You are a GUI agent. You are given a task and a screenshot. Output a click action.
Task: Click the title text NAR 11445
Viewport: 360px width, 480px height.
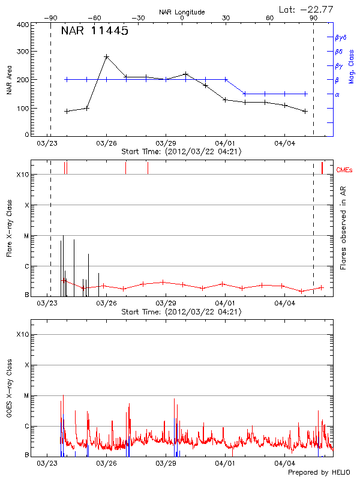point(95,31)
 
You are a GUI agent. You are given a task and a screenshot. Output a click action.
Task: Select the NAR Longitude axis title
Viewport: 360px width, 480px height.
point(182,11)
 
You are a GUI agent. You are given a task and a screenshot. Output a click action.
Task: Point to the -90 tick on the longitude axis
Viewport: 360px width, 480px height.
point(50,19)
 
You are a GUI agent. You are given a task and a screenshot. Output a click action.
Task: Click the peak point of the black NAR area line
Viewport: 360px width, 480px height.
point(106,56)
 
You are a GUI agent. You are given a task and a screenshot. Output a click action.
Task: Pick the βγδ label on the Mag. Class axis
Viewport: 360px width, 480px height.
point(340,37)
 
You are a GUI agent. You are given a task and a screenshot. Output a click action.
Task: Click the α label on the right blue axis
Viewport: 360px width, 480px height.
point(337,94)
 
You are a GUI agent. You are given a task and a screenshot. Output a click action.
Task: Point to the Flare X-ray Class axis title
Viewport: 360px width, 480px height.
point(9,228)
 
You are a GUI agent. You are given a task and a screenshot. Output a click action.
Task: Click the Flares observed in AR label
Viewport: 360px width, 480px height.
point(343,228)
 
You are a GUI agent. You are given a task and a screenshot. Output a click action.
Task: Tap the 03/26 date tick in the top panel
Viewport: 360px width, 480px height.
point(106,143)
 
